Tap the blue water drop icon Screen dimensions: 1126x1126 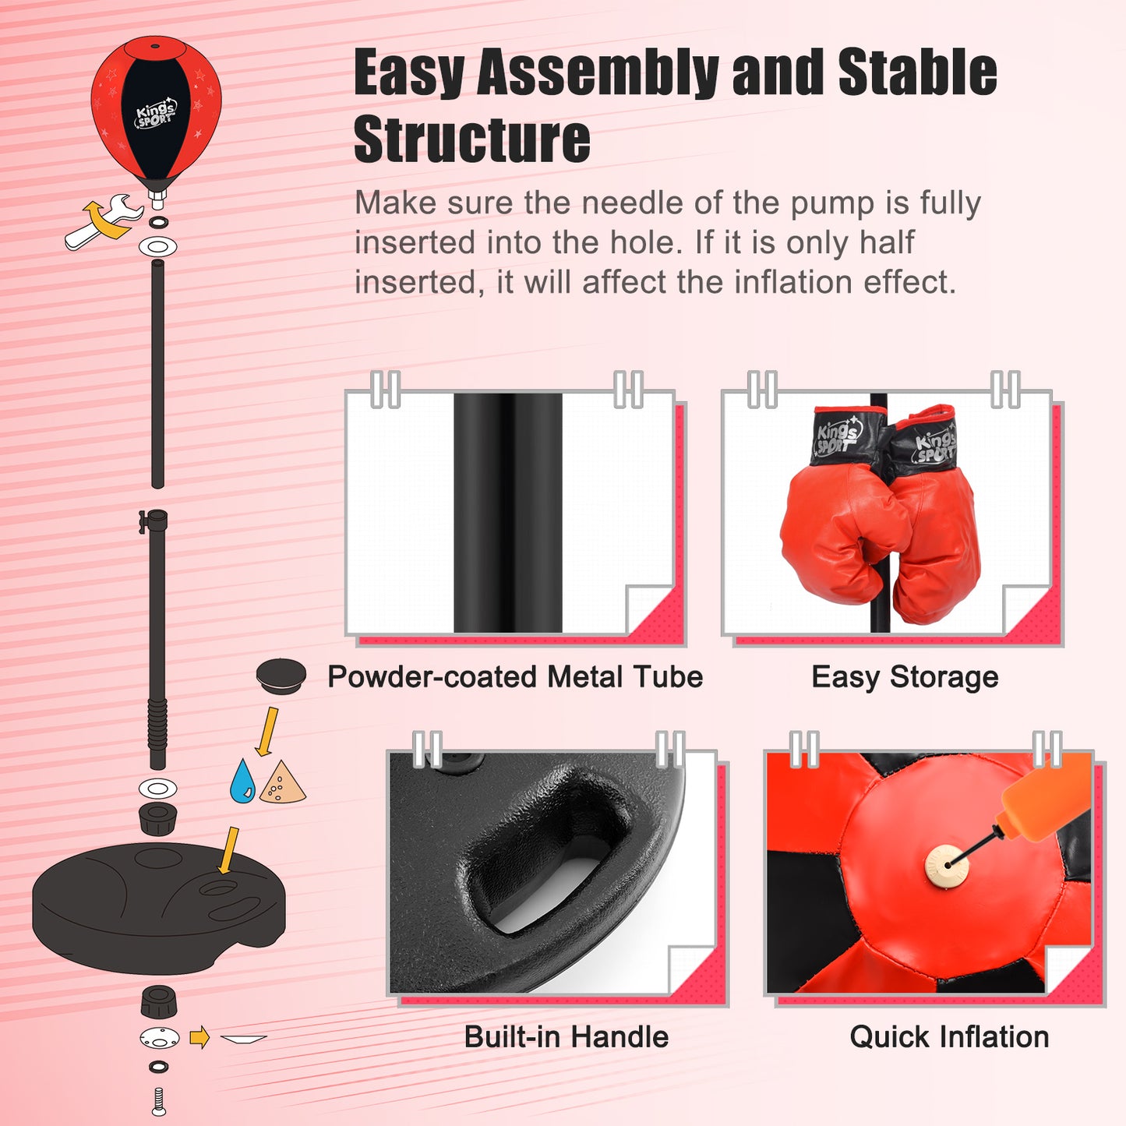[x=242, y=782]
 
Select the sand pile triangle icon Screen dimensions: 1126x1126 [x=282, y=784]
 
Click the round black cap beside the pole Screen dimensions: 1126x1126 [x=281, y=676]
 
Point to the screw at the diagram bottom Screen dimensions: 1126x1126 [x=159, y=1102]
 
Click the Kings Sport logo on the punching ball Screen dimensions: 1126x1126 [x=156, y=114]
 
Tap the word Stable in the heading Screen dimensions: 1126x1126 [x=917, y=72]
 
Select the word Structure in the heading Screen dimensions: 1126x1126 [x=471, y=140]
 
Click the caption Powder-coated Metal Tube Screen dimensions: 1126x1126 [x=515, y=677]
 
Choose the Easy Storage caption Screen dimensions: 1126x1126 [x=905, y=677]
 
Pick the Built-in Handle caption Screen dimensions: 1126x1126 [x=567, y=1037]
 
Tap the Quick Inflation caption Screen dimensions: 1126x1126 [x=949, y=1037]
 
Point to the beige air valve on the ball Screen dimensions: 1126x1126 [x=946, y=866]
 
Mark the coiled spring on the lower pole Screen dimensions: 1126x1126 [x=157, y=724]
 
